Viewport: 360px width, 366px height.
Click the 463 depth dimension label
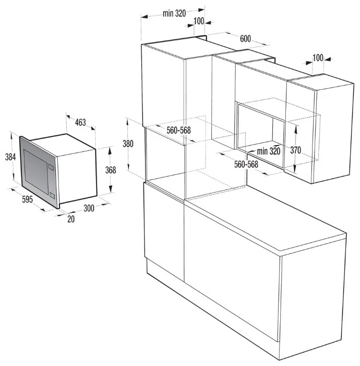(80, 122)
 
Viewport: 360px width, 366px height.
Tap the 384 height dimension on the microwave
(10, 157)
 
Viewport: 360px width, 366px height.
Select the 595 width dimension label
(27, 199)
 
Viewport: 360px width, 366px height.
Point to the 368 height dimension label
(111, 170)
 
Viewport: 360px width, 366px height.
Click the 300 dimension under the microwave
(89, 208)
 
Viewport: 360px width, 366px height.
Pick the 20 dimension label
(71, 219)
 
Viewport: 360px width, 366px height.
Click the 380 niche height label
(128, 144)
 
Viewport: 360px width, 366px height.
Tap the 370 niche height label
(296, 150)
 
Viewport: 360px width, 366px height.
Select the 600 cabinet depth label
(245, 39)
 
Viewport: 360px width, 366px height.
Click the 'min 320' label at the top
(174, 13)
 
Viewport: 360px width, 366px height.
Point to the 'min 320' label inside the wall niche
(269, 151)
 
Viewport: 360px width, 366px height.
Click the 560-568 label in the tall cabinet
(179, 130)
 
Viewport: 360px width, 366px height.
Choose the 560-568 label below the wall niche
(246, 164)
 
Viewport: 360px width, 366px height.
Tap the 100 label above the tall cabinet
(199, 21)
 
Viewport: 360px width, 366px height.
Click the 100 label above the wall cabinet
(318, 57)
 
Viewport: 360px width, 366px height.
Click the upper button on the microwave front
(51, 167)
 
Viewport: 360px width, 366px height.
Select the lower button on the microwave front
(52, 195)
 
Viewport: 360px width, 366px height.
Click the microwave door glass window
(36, 169)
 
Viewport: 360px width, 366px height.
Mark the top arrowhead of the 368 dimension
(111, 151)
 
